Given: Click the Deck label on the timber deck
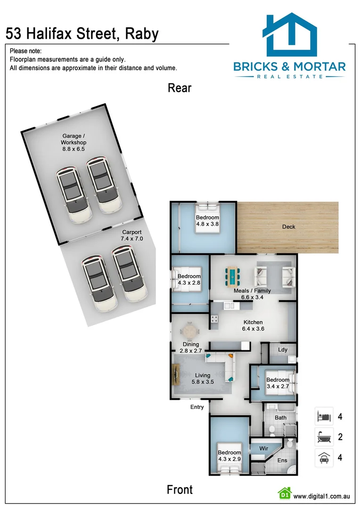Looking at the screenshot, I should click(x=289, y=227).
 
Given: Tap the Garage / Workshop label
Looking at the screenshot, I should click(x=74, y=139).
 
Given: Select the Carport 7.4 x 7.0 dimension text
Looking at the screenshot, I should click(x=132, y=239).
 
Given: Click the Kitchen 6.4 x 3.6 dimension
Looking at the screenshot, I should click(x=253, y=329).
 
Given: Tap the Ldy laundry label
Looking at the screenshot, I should click(x=283, y=350).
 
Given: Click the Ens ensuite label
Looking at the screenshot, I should click(x=282, y=460).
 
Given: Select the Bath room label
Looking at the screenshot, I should click(x=280, y=418).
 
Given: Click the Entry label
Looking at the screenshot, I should click(x=197, y=407).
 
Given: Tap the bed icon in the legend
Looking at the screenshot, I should click(x=324, y=417).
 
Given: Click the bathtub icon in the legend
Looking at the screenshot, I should click(x=324, y=437).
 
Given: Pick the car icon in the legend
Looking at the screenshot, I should click(x=324, y=457).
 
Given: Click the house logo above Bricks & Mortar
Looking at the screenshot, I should click(x=289, y=35).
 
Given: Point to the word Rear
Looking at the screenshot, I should click(x=180, y=88).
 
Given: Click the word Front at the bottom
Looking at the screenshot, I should click(x=180, y=490).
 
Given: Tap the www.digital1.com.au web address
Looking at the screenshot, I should click(x=321, y=496).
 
